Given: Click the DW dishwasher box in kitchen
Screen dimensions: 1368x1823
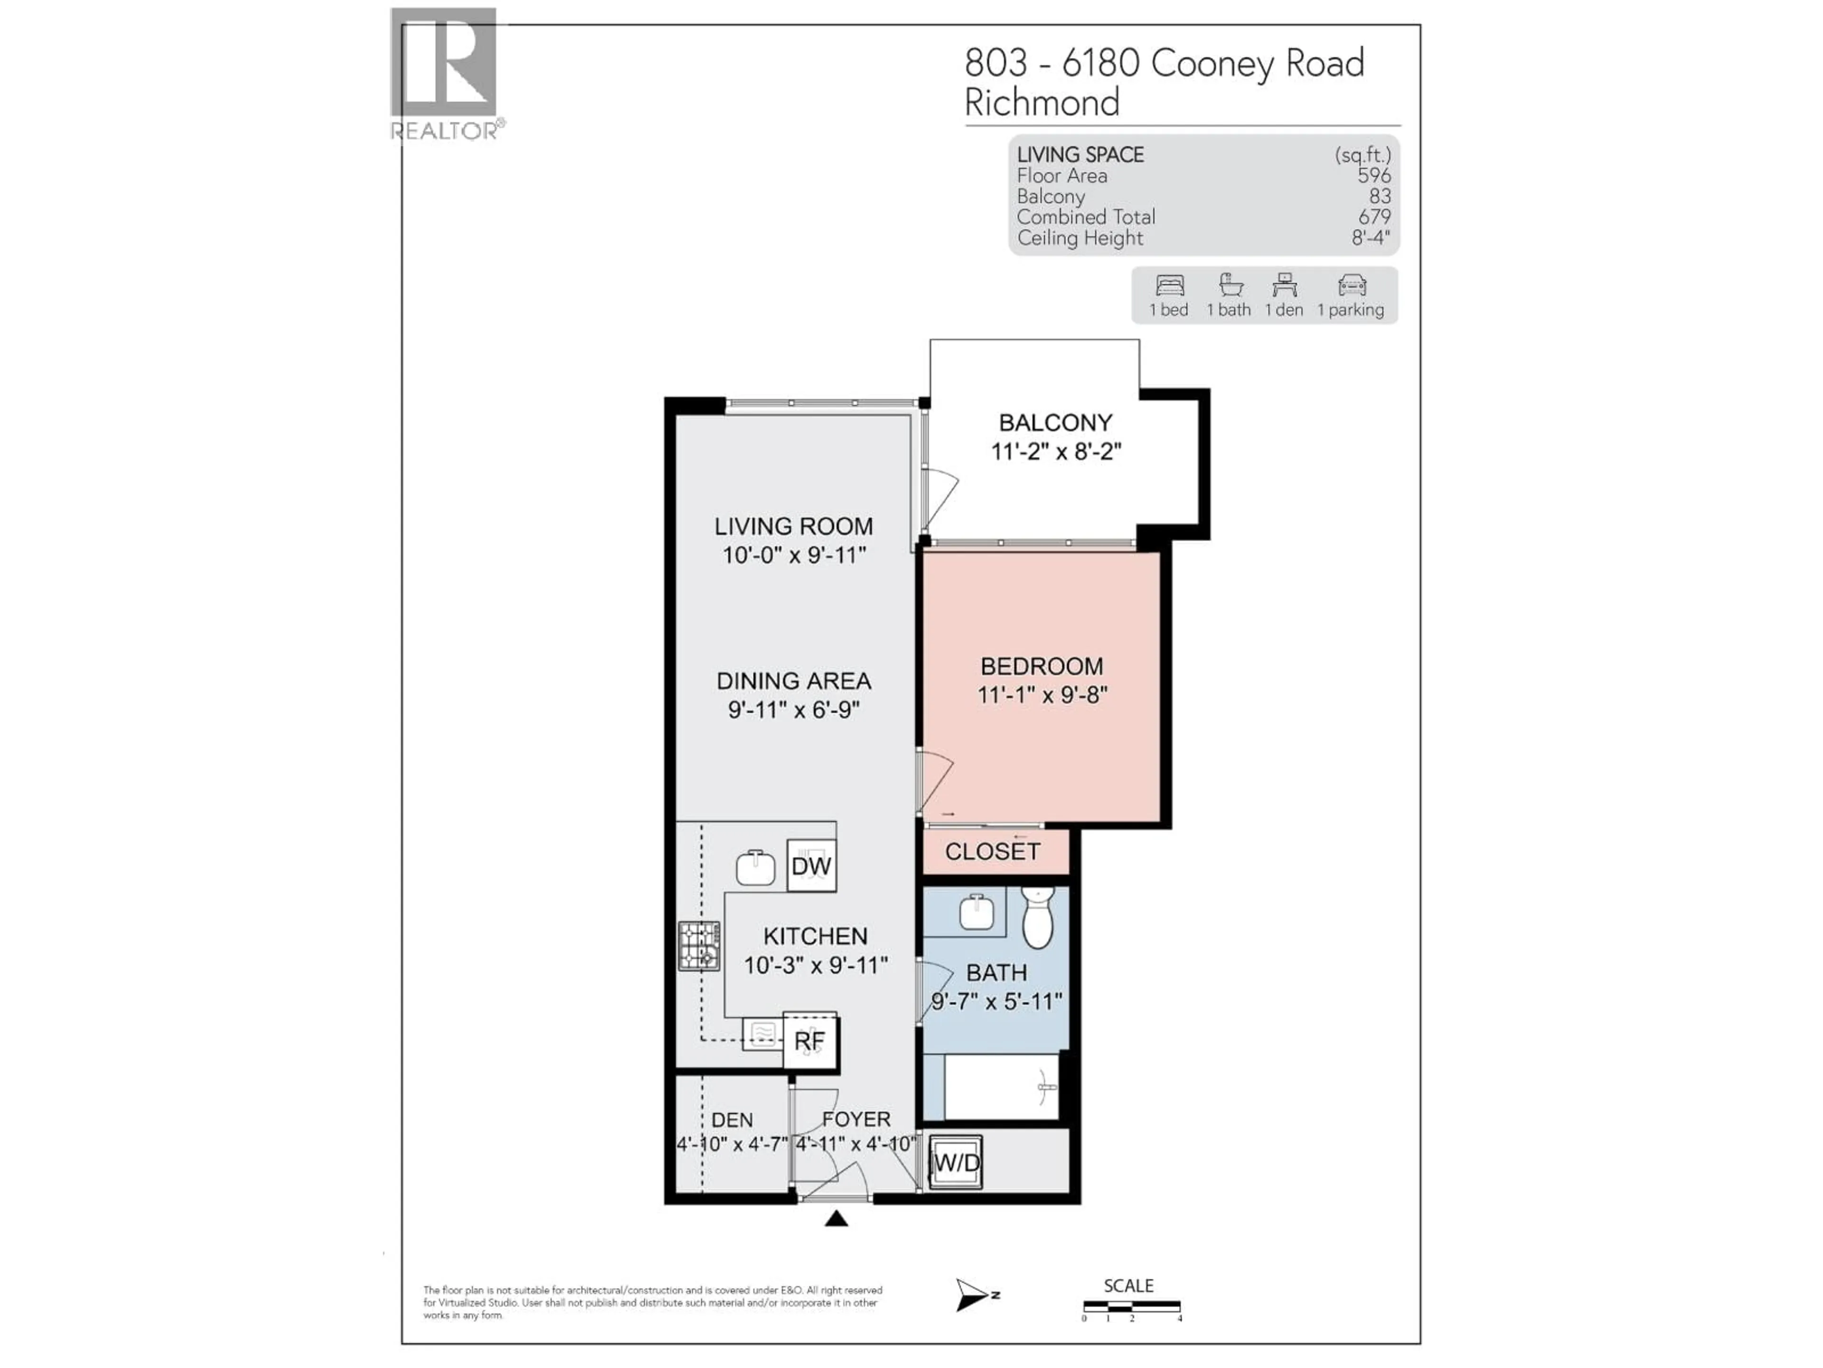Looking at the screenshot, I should pyautogui.click(x=811, y=866).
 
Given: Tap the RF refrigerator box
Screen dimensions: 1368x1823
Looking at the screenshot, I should pyautogui.click(x=809, y=1042).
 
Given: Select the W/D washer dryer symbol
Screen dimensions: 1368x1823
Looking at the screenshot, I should pyautogui.click(x=956, y=1163).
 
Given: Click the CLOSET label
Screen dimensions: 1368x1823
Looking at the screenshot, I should pyautogui.click(x=992, y=852).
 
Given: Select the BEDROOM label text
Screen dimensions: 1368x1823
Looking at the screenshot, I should pyautogui.click(x=1042, y=666).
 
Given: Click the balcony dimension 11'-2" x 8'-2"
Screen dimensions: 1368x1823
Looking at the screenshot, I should pyautogui.click(x=1056, y=452).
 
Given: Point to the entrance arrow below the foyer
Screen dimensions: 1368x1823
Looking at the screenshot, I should pyautogui.click(x=836, y=1219).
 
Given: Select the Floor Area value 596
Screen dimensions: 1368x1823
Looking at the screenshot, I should pyautogui.click(x=1374, y=176).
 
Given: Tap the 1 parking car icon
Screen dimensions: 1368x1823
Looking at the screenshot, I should pyautogui.click(x=1352, y=285).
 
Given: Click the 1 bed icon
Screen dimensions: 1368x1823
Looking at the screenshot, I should pyautogui.click(x=1169, y=285).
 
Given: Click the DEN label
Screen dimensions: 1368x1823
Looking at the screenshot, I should pyautogui.click(x=732, y=1120).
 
